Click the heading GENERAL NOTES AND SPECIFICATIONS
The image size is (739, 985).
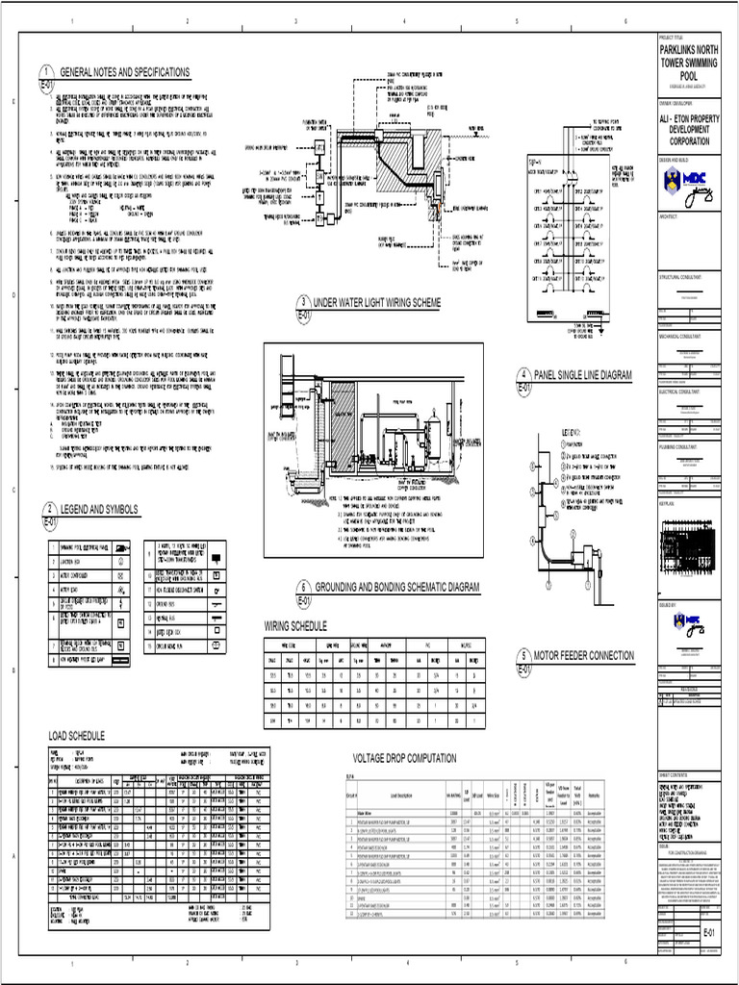tap(125, 72)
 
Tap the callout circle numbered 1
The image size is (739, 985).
tap(46, 72)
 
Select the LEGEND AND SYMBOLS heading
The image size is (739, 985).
tap(99, 509)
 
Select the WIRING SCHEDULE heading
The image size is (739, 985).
tap(295, 626)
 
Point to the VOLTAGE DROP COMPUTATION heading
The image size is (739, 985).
tap(404, 758)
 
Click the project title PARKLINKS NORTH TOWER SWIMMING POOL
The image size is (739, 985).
tap(690, 62)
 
